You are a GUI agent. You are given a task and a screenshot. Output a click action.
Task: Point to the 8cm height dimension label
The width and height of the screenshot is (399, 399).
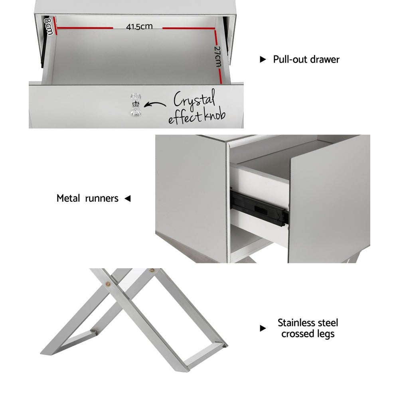[49, 25]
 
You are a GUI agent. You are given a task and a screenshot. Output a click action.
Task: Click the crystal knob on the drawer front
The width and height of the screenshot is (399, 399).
[134, 106]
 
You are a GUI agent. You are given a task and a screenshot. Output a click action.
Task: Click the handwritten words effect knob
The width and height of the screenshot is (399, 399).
[197, 117]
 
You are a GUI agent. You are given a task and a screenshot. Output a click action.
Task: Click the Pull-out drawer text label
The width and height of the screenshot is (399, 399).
[306, 59]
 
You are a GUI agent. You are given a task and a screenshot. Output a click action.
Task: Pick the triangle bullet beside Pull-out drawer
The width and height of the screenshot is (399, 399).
[263, 59]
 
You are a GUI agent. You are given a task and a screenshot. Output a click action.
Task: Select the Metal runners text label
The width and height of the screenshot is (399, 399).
[87, 198]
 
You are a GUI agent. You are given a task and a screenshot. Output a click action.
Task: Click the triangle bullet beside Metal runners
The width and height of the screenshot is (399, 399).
[128, 198]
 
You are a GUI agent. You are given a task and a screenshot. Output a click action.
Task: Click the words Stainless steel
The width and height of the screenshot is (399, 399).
[308, 322]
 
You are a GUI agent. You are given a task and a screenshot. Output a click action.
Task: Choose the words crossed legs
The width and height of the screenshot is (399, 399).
[308, 334]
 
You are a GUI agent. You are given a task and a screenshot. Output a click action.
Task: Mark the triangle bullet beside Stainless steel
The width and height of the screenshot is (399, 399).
[263, 328]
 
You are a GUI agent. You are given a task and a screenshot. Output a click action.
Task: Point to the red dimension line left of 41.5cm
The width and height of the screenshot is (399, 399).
[85, 28]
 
